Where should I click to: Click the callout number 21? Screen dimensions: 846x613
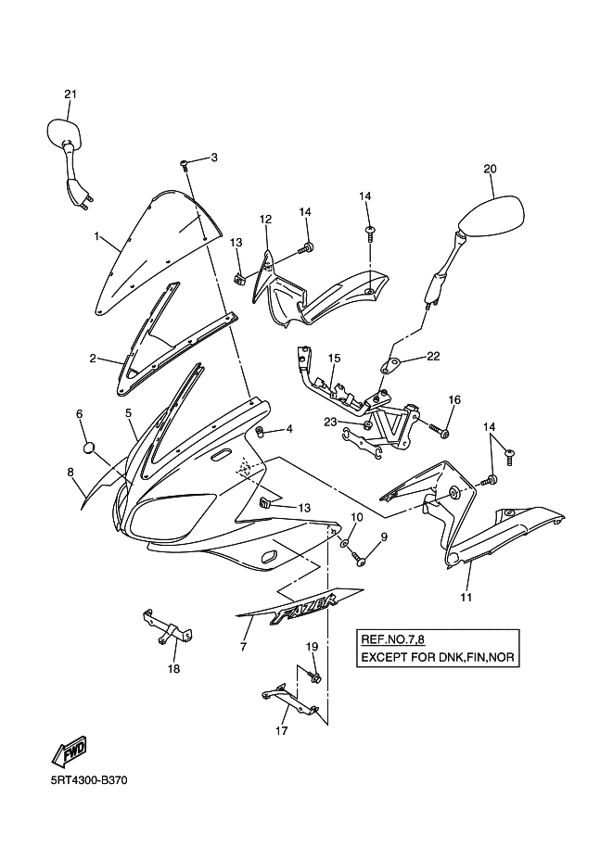(x=70, y=94)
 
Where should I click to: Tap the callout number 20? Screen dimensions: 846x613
(x=491, y=169)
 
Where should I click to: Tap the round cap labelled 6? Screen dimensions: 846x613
(x=90, y=448)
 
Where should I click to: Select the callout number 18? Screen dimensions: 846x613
(x=173, y=668)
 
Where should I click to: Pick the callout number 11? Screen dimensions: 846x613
(x=466, y=597)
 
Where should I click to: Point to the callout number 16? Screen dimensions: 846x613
(x=453, y=399)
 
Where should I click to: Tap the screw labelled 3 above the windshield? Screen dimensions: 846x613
(x=184, y=164)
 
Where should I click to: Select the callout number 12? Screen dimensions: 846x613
(x=265, y=220)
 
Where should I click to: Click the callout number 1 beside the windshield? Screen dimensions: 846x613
(x=96, y=236)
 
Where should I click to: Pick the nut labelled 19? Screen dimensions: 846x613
(x=315, y=679)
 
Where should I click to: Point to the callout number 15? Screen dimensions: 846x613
(x=334, y=358)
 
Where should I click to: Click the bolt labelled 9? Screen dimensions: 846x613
(x=360, y=560)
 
